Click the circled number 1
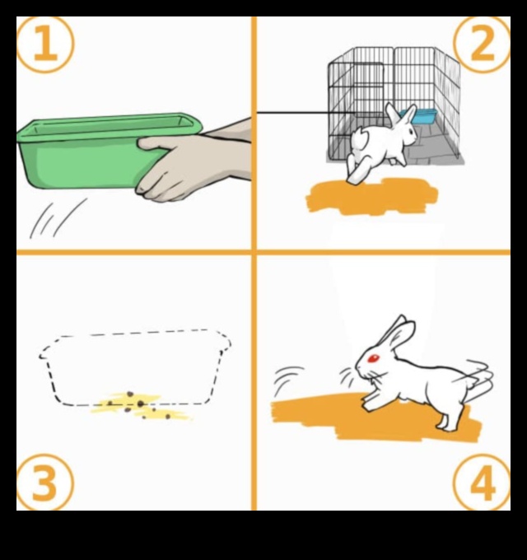pos(45,44)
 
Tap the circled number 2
pos(482,44)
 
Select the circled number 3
pos(45,482)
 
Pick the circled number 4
pos(482,482)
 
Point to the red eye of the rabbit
pos(374,358)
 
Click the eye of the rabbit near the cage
pos(411,132)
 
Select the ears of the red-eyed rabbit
pos(398,332)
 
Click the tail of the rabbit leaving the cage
pos(359,139)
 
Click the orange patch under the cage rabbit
pos(371,197)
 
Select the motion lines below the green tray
pos(57,218)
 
